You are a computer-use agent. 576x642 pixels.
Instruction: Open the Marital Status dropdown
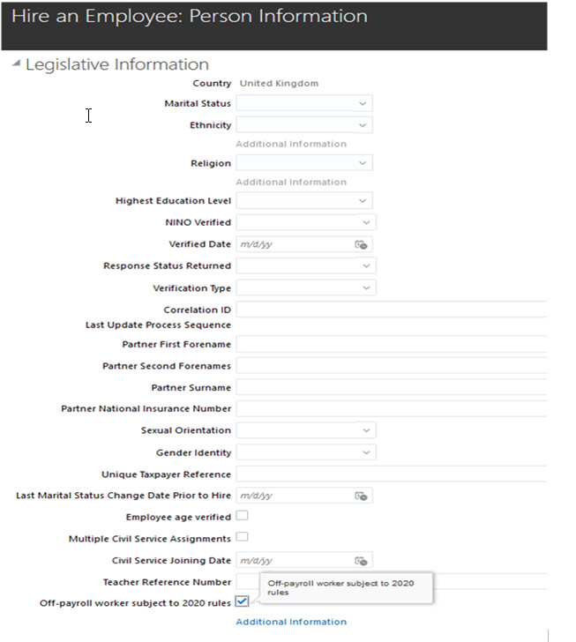point(303,104)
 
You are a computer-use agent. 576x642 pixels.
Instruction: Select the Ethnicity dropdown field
point(303,125)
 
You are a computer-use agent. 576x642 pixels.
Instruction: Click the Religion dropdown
point(303,163)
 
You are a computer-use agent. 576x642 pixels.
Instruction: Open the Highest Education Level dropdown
point(303,201)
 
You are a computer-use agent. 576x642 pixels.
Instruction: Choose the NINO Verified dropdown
point(305,223)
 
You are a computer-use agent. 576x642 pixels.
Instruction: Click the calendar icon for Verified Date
point(360,244)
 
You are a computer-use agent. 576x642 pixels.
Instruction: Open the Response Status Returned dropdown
point(305,265)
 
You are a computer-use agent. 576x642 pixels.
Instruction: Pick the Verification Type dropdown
point(305,287)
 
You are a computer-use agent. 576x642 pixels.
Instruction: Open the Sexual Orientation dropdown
point(305,430)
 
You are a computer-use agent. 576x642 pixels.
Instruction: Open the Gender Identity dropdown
point(305,452)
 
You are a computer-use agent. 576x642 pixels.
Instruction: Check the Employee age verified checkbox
point(242,516)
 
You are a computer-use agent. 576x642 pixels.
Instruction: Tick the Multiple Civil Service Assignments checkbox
point(242,537)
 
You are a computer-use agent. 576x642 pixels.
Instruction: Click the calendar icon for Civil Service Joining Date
point(360,560)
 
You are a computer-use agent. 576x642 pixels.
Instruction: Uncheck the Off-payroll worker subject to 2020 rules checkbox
point(242,602)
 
